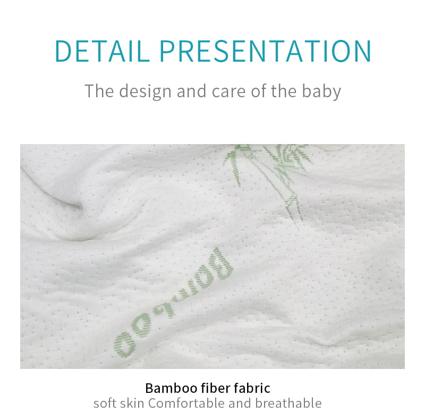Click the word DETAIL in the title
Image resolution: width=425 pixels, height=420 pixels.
[103, 51]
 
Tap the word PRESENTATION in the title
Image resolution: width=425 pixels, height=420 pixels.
[265, 51]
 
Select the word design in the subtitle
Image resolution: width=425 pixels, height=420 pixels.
[145, 91]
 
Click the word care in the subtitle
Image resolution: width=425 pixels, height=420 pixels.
[228, 91]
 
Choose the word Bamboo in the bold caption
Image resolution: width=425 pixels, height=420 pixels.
[171, 388]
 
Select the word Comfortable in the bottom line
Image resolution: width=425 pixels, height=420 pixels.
[186, 403]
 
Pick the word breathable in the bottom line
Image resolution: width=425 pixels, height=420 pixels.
[288, 403]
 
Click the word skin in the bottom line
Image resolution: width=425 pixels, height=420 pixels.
[132, 403]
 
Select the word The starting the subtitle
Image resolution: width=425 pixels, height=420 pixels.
[99, 91]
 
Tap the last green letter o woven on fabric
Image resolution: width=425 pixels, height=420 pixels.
[125, 345]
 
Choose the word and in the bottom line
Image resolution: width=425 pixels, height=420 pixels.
[240, 403]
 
